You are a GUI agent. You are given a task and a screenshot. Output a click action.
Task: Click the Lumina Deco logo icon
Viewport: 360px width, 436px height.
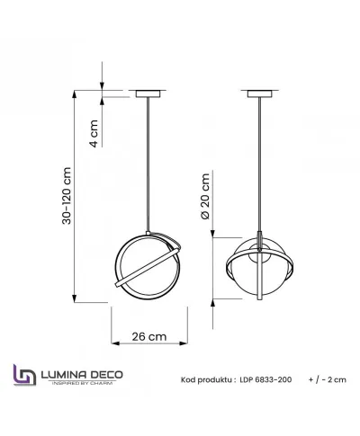(x=22, y=375)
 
